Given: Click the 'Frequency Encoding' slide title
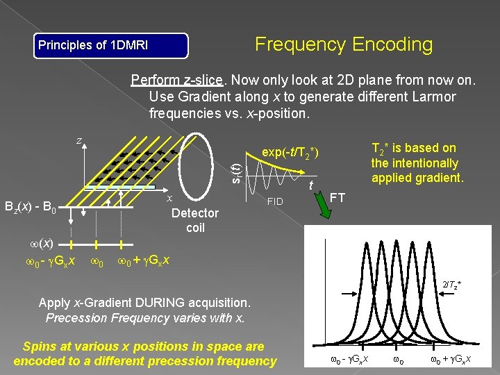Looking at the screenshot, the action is (x=344, y=44).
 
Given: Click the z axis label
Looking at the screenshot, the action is (x=78, y=140).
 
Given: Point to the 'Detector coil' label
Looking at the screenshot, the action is (x=194, y=219).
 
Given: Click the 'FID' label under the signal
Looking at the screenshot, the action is (x=276, y=202).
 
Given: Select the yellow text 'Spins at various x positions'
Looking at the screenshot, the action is (x=144, y=346).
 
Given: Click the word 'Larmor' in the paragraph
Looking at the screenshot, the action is (x=432, y=96).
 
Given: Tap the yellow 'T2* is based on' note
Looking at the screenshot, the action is (x=415, y=148).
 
